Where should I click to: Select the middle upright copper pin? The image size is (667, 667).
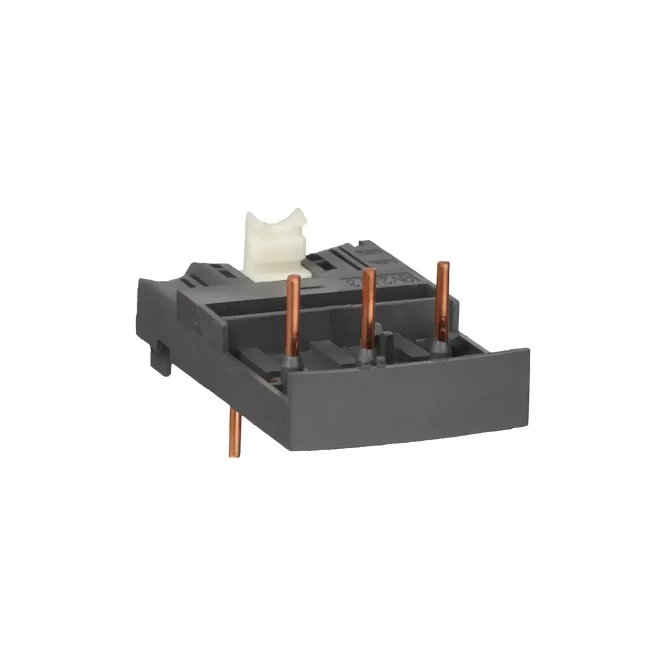tap(365, 313)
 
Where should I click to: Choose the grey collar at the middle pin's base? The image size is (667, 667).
tap(365, 357)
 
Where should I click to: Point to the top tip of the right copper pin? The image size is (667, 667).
tap(440, 265)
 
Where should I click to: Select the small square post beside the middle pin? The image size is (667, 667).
tap(380, 362)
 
